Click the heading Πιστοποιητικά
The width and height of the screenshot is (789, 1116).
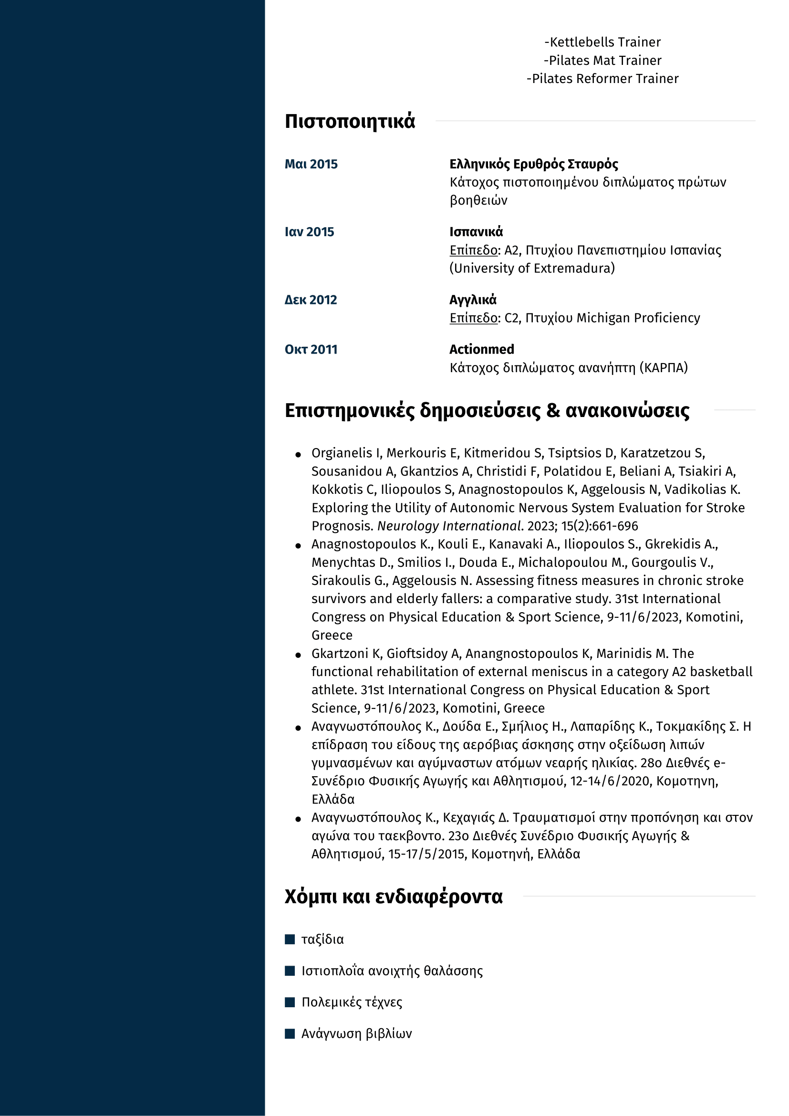coord(350,122)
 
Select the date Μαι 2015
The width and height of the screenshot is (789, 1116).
coord(311,164)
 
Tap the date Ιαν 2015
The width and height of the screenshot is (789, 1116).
coord(310,232)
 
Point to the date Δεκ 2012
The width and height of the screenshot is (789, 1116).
coord(311,300)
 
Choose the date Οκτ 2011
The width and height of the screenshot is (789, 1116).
coord(311,349)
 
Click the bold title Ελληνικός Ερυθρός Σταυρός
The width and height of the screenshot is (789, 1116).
coord(533,164)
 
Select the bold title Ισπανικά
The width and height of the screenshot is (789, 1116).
coord(476,232)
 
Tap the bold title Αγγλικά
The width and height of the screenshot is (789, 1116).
coord(473,300)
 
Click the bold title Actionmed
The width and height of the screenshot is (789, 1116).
coord(481,349)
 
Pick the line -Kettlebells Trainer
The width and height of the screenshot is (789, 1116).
coord(602,42)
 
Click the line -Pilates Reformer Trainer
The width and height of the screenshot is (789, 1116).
coord(602,79)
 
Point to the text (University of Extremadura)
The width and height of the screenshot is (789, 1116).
coord(532,268)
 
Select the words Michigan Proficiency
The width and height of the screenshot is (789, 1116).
coord(638,318)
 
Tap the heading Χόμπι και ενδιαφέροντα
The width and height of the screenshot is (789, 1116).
coord(394,897)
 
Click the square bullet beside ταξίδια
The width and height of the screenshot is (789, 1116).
coord(290,939)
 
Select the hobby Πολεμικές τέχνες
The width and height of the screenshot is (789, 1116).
coord(352,1002)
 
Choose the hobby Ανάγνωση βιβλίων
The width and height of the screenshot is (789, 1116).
coord(357,1033)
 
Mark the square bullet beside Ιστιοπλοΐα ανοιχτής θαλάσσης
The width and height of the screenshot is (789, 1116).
coord(290,970)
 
